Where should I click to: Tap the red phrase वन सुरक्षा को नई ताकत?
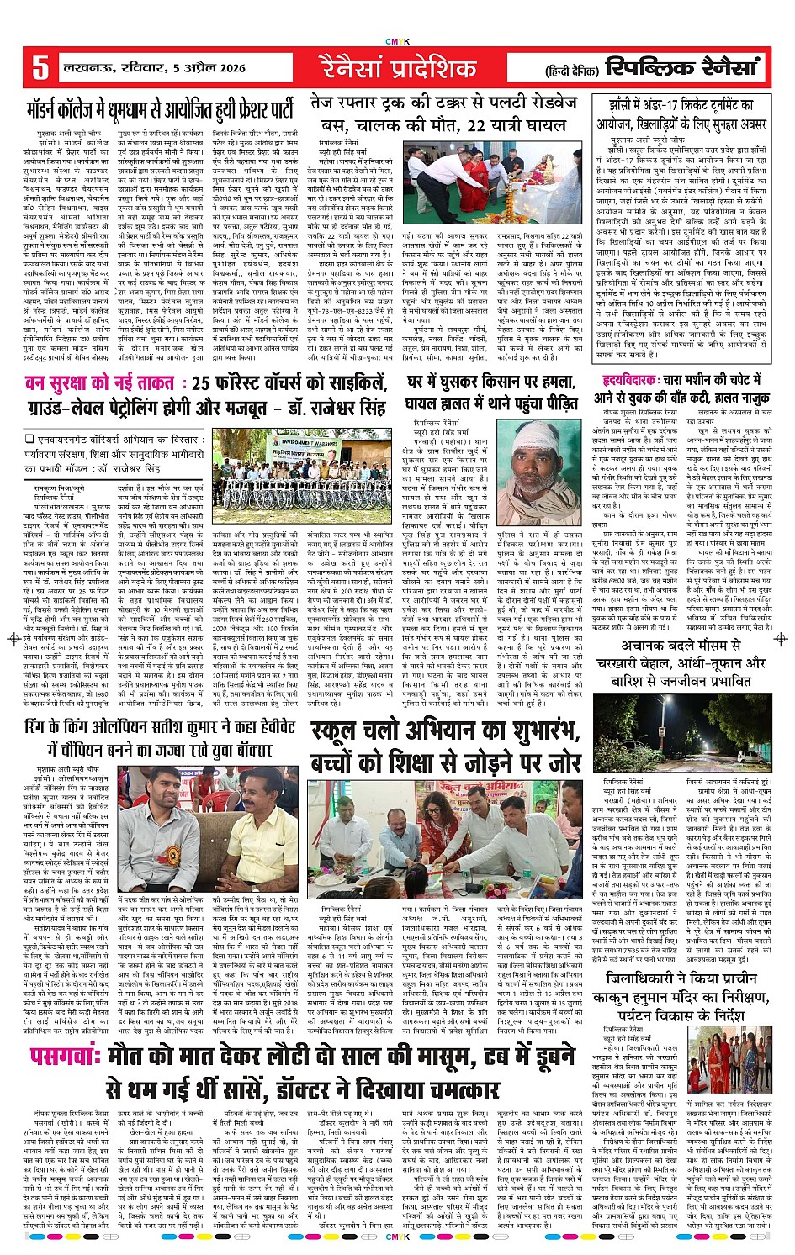tap(96, 384)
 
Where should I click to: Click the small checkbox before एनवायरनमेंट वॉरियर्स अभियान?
tap(29, 439)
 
